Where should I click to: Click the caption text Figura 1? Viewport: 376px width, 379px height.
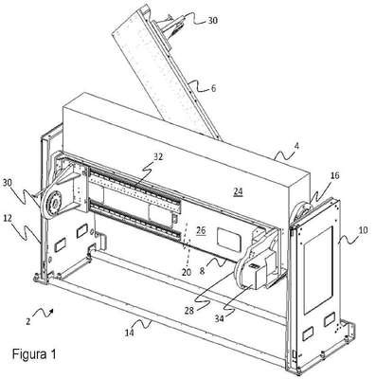pyautogui.click(x=34, y=354)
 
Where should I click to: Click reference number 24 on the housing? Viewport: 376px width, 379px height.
pyautogui.click(x=238, y=191)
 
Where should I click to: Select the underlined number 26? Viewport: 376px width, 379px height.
pyautogui.click(x=201, y=230)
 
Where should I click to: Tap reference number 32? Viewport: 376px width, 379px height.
pyautogui.click(x=158, y=156)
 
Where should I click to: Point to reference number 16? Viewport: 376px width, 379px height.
pyautogui.click(x=334, y=175)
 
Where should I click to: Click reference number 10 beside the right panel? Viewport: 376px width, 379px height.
pyautogui.click(x=364, y=230)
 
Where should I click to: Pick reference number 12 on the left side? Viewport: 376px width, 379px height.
pyautogui.click(x=9, y=218)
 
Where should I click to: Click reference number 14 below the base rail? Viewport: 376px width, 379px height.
pyautogui.click(x=129, y=333)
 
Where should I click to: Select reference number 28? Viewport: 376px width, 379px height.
pyautogui.click(x=189, y=311)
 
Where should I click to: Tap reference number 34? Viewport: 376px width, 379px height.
pyautogui.click(x=219, y=318)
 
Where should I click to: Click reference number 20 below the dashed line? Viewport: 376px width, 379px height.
pyautogui.click(x=187, y=272)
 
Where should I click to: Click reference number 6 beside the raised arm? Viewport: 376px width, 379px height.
pyautogui.click(x=213, y=88)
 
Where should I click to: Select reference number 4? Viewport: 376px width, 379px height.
pyautogui.click(x=296, y=146)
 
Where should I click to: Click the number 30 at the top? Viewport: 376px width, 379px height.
pyautogui.click(x=212, y=21)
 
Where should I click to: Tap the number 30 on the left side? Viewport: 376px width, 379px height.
pyautogui.click(x=8, y=183)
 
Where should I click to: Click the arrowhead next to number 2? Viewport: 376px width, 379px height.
pyautogui.click(x=51, y=312)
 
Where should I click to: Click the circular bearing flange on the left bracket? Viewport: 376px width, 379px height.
pyautogui.click(x=53, y=205)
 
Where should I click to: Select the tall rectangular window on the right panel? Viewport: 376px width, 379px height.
pyautogui.click(x=318, y=270)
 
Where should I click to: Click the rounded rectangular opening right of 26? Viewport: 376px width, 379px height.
pyautogui.click(x=228, y=240)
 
